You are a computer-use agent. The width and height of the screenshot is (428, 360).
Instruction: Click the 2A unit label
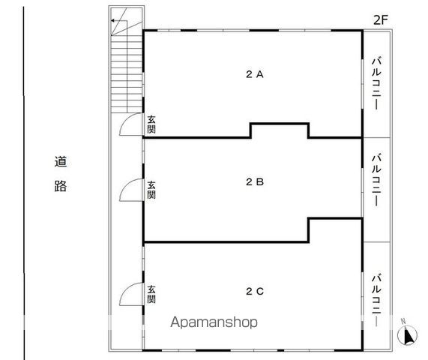tap(254, 74)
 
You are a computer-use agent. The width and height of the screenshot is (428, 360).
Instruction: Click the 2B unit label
tap(254, 181)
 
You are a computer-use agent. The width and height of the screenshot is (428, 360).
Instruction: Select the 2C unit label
tap(254, 291)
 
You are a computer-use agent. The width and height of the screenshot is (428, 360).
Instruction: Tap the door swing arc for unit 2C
tap(130, 293)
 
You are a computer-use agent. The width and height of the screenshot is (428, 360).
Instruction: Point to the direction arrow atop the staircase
tap(116, 22)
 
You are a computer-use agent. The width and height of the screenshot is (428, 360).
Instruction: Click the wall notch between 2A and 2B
tap(279, 130)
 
